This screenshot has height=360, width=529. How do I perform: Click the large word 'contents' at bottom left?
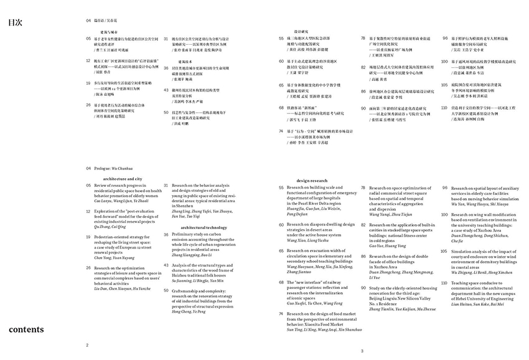point(26,329)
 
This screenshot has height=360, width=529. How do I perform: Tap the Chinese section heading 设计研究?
point(302,31)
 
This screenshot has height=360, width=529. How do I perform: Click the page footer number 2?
point(88,344)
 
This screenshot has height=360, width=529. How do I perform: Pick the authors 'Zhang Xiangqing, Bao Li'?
point(192,254)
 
